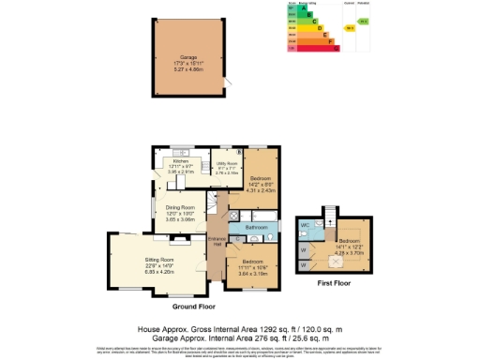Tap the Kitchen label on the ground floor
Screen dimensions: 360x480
[x=181, y=162]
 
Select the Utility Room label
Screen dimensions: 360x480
[x=227, y=162]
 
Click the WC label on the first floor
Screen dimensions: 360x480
[x=306, y=225]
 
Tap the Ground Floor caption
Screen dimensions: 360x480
[x=194, y=307]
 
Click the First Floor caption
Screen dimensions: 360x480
[x=335, y=281]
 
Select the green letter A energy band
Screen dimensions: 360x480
[x=303, y=8]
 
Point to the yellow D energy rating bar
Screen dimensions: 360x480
[x=313, y=28]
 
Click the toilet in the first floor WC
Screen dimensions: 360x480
[x=316, y=225]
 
